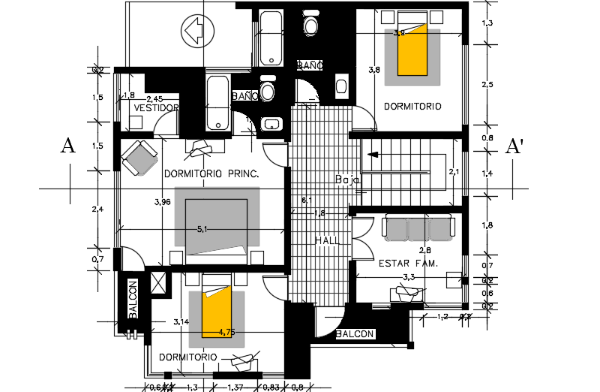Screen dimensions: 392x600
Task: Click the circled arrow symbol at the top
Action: click(x=193, y=31)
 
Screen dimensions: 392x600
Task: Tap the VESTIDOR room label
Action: click(x=156, y=108)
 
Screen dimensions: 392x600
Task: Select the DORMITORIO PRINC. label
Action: click(x=211, y=173)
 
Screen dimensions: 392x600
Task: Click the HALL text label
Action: click(x=328, y=240)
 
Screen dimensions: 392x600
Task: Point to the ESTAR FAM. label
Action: click(x=409, y=263)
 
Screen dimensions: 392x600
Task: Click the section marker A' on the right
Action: click(x=514, y=146)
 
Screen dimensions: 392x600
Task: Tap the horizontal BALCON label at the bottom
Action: click(x=356, y=334)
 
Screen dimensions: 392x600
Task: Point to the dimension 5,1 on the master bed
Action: click(x=202, y=230)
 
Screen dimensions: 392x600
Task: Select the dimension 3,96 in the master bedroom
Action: click(x=162, y=203)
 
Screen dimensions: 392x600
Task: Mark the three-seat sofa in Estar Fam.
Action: click(x=418, y=228)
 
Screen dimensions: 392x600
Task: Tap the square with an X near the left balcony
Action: click(x=160, y=283)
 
